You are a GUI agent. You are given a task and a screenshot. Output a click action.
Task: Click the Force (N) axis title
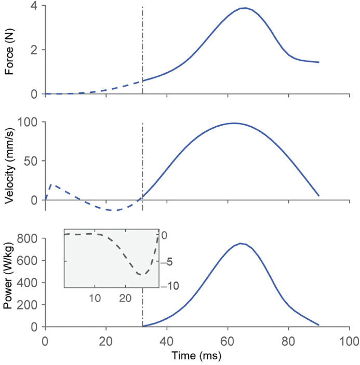pyautogui.click(x=8, y=50)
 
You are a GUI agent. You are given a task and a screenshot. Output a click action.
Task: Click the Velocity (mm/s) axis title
pyautogui.click(x=8, y=161)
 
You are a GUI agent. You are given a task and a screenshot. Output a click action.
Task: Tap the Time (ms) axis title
pyautogui.click(x=197, y=357)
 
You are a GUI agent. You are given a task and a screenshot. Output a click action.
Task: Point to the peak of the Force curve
pyautogui.click(x=245, y=8)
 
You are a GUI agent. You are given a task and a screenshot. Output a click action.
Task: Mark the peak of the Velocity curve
pyautogui.click(x=234, y=123)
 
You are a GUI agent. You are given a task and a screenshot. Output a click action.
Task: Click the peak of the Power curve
pyautogui.click(x=241, y=244)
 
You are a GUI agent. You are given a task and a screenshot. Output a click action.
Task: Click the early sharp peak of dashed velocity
pyautogui.click(x=50, y=184)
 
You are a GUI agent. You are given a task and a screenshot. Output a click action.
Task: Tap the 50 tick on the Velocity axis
pyautogui.click(x=31, y=161)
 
